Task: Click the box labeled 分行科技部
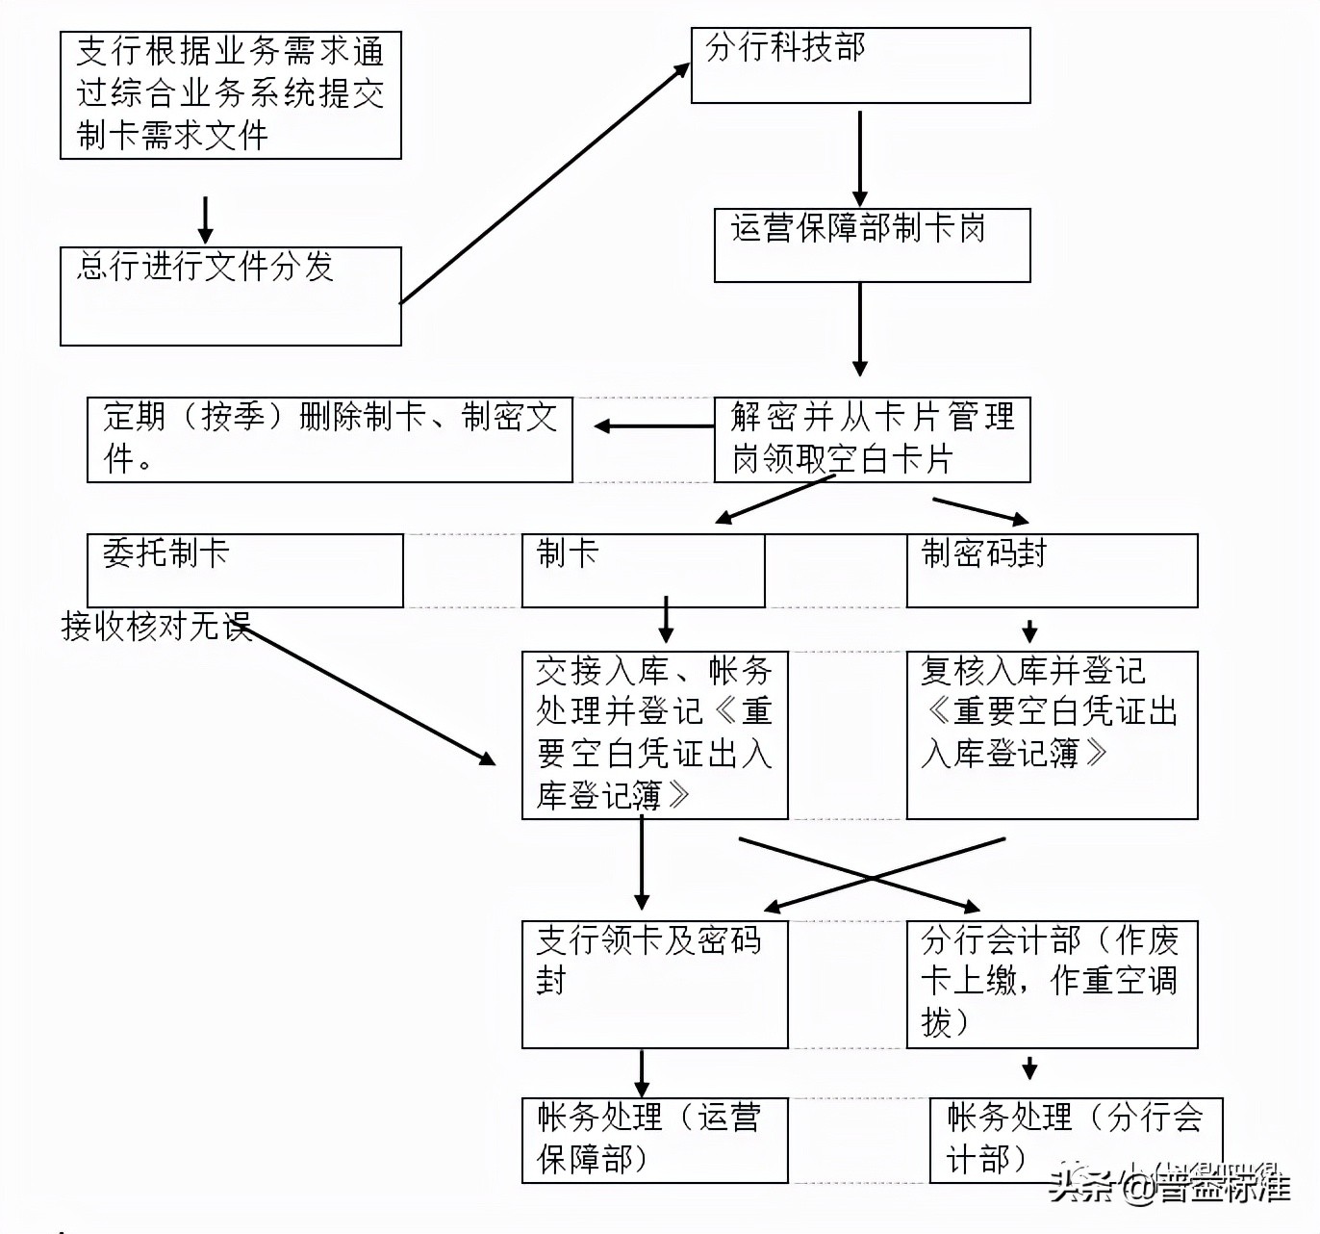[860, 65]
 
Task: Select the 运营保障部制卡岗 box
[872, 245]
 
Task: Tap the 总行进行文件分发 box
[230, 296]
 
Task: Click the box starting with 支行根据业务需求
[230, 94]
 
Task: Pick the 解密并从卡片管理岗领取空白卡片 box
[872, 439]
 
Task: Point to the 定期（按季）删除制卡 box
[329, 439]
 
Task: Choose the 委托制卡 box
[244, 571]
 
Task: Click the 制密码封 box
[1052, 571]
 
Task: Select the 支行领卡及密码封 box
[654, 984]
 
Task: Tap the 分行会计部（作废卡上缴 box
[1052, 984]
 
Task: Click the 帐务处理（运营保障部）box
[654, 1140]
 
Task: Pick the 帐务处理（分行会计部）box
[1076, 1140]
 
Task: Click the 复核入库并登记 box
[1052, 734]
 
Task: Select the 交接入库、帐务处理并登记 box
[654, 734]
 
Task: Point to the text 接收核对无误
[156, 627]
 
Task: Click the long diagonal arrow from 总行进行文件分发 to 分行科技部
[545, 184]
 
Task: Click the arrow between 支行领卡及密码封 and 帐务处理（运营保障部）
[642, 1072]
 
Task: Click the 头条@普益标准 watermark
[1169, 1186]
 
